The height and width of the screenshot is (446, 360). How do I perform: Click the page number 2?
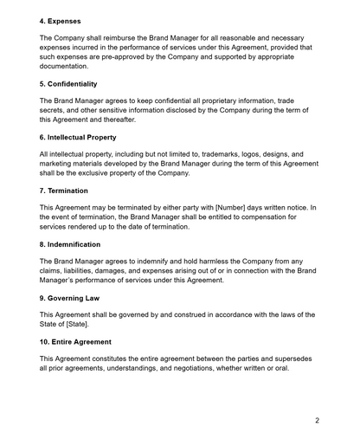click(x=318, y=420)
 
